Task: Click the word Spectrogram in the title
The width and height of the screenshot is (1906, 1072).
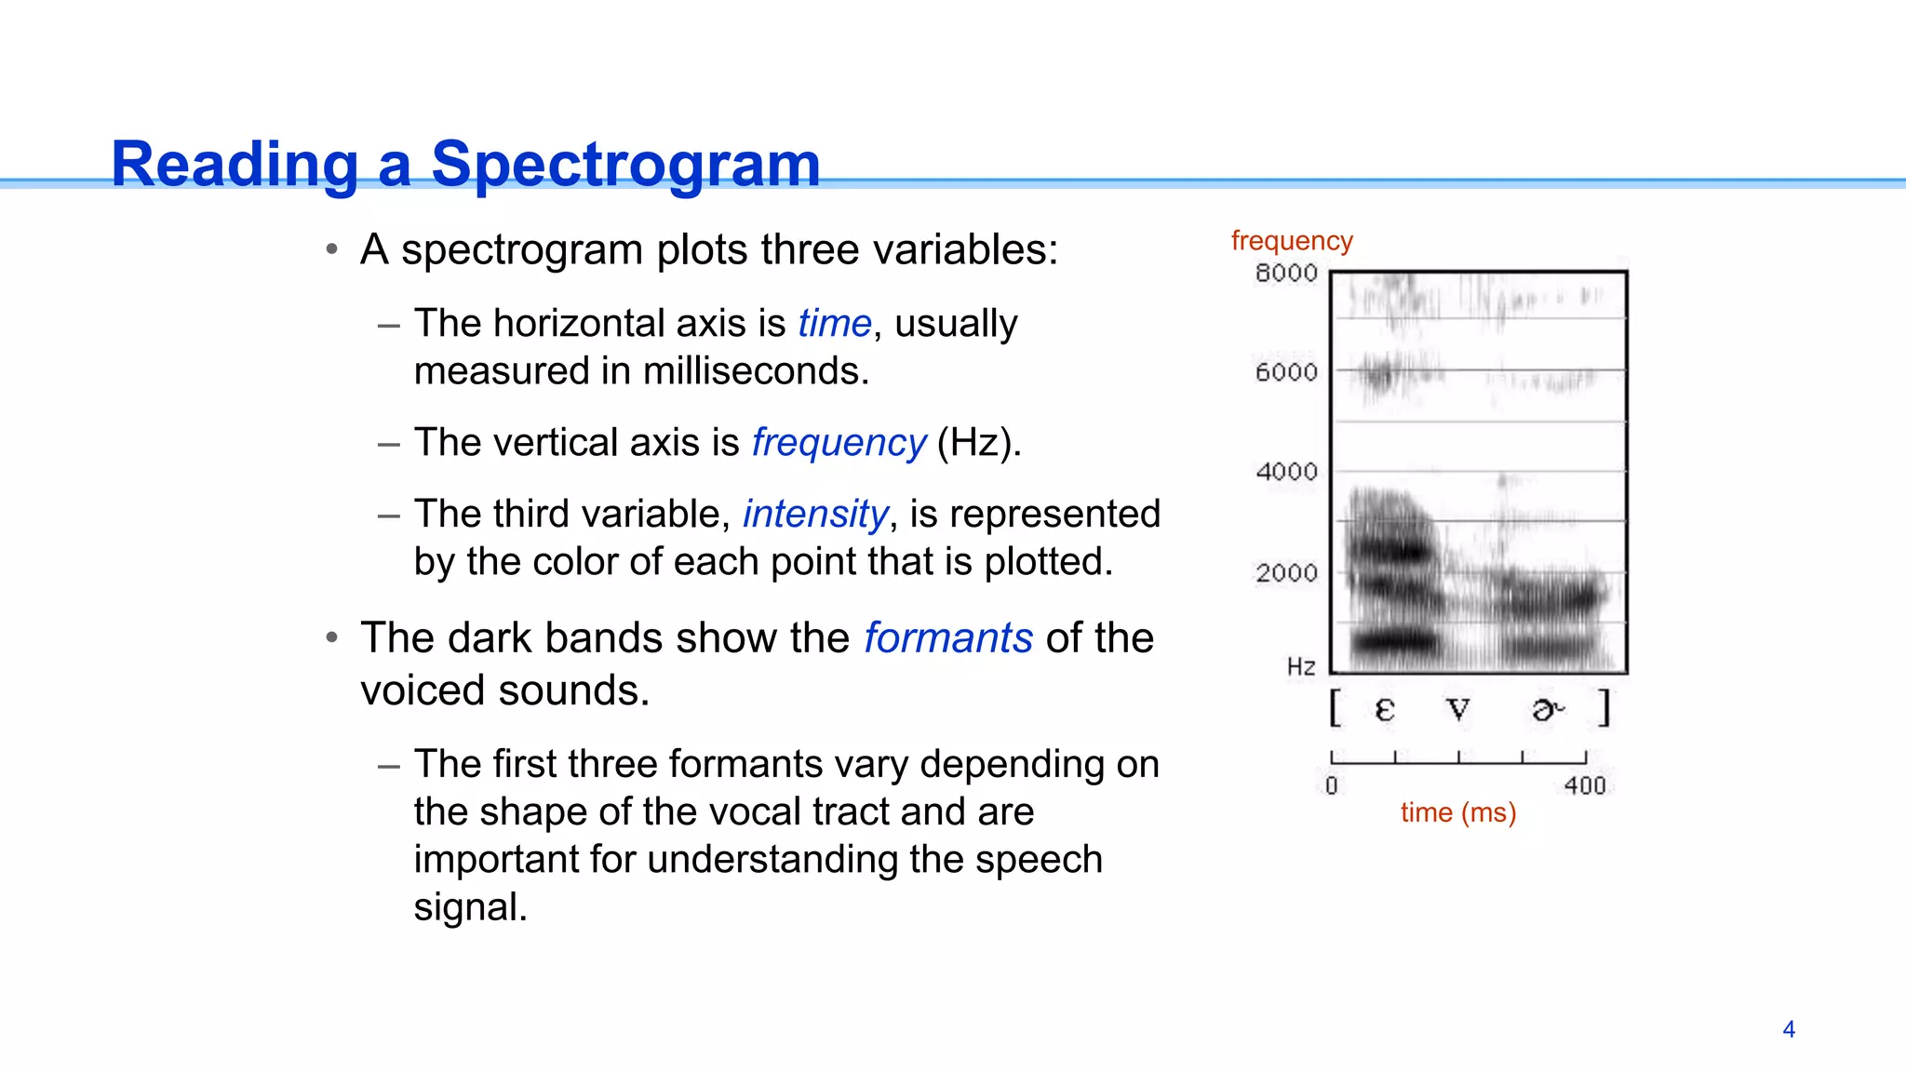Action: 625,165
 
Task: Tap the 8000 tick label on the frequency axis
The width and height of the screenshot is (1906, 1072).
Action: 1286,274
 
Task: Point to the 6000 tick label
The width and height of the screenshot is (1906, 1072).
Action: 1286,372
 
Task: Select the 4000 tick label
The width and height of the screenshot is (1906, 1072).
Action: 1286,472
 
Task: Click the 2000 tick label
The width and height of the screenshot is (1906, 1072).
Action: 1286,572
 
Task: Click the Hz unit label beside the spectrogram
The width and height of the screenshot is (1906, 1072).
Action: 1301,666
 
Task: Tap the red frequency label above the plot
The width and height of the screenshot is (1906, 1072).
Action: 1292,241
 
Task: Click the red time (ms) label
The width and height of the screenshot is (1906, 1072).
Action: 1458,812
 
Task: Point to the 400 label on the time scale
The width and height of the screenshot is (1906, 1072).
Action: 1585,786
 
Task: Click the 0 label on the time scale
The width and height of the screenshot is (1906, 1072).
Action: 1332,786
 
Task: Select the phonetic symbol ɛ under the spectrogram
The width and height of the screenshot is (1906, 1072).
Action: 1384,710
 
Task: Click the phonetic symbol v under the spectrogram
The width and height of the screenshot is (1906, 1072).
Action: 1458,710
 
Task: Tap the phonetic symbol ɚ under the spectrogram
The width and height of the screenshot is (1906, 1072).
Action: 1547,710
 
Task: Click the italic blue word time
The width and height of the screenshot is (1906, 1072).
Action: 835,324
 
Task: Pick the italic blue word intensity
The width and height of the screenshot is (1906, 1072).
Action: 815,514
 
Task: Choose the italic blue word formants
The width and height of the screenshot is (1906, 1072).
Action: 948,638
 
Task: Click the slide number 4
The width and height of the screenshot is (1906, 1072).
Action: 1788,1029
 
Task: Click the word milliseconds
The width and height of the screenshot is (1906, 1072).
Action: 756,371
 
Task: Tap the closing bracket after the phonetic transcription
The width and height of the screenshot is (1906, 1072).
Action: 1604,708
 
